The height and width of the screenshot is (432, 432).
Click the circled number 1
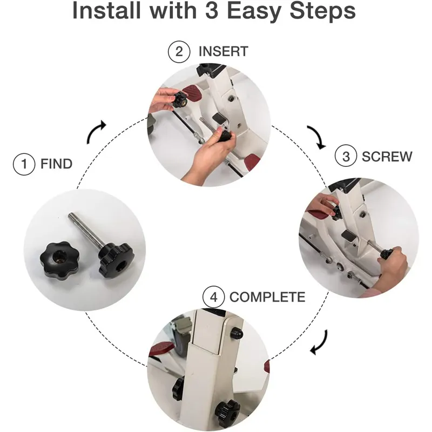click(x=24, y=164)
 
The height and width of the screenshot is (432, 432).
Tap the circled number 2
click(x=179, y=51)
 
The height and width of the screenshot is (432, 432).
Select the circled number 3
click(x=346, y=156)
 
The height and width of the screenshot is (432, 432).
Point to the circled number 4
click(x=213, y=297)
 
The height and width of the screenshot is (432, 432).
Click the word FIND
click(x=57, y=164)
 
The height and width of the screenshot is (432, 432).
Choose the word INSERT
click(x=224, y=51)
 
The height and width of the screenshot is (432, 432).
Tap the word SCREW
click(x=387, y=157)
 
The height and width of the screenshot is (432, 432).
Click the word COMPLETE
click(x=267, y=297)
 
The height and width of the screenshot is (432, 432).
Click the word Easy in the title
click(x=253, y=11)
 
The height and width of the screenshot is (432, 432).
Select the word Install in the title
click(x=106, y=10)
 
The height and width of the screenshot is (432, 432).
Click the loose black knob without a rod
click(x=59, y=261)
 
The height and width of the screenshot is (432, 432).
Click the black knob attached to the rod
click(x=116, y=260)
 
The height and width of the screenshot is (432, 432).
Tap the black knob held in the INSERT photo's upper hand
click(x=180, y=100)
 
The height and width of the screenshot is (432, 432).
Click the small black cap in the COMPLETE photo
click(x=237, y=334)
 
